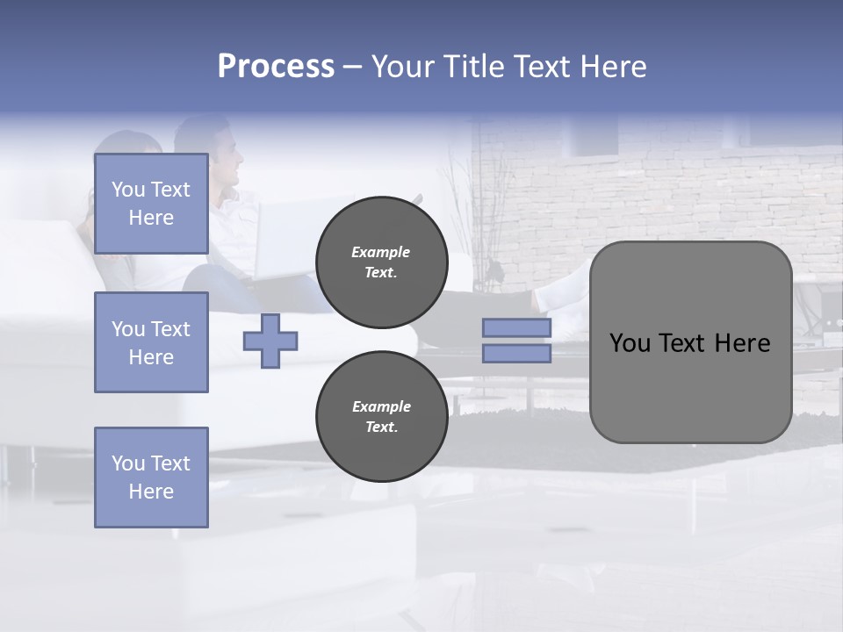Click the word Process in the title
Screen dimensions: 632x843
click(x=276, y=67)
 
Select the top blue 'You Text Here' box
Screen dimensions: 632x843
click(x=151, y=204)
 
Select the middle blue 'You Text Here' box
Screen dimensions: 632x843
click(x=151, y=342)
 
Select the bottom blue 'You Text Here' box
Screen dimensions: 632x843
click(x=151, y=477)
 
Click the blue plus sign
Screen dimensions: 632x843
click(x=270, y=341)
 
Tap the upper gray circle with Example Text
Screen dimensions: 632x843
click(x=381, y=262)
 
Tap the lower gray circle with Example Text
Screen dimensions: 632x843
click(x=381, y=417)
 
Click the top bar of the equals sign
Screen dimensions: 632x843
click(x=516, y=328)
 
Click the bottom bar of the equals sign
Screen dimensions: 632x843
click(x=516, y=354)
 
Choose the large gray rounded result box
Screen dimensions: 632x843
click(x=690, y=342)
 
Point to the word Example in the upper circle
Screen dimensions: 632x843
click(x=381, y=252)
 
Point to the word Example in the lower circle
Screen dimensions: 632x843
click(x=381, y=406)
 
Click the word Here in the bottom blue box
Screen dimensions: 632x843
click(x=151, y=492)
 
